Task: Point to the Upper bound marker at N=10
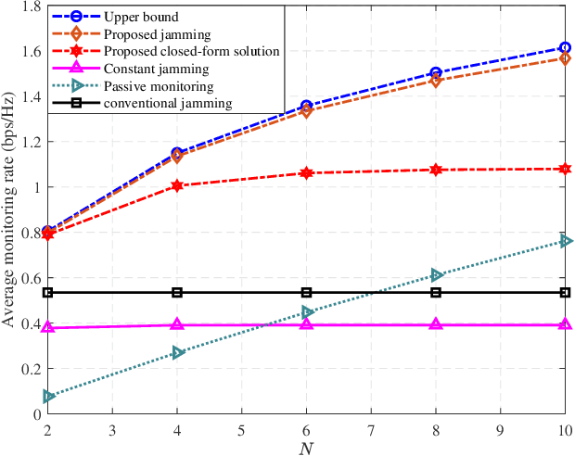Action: tap(565, 47)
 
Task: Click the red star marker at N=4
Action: tap(177, 185)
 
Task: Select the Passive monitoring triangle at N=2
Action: tap(48, 397)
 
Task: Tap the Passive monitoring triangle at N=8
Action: tap(436, 275)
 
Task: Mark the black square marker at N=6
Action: tap(306, 293)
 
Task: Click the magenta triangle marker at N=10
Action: tap(565, 324)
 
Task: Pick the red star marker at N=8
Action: tap(436, 170)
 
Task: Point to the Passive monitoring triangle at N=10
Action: tap(565, 241)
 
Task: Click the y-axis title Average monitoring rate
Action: tap(11, 209)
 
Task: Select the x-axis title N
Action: tap(306, 448)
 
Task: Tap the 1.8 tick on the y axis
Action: tap(31, 6)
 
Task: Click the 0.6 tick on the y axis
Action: tap(31, 278)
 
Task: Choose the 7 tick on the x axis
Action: tap(371, 430)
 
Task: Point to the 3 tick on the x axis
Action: tap(112, 430)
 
